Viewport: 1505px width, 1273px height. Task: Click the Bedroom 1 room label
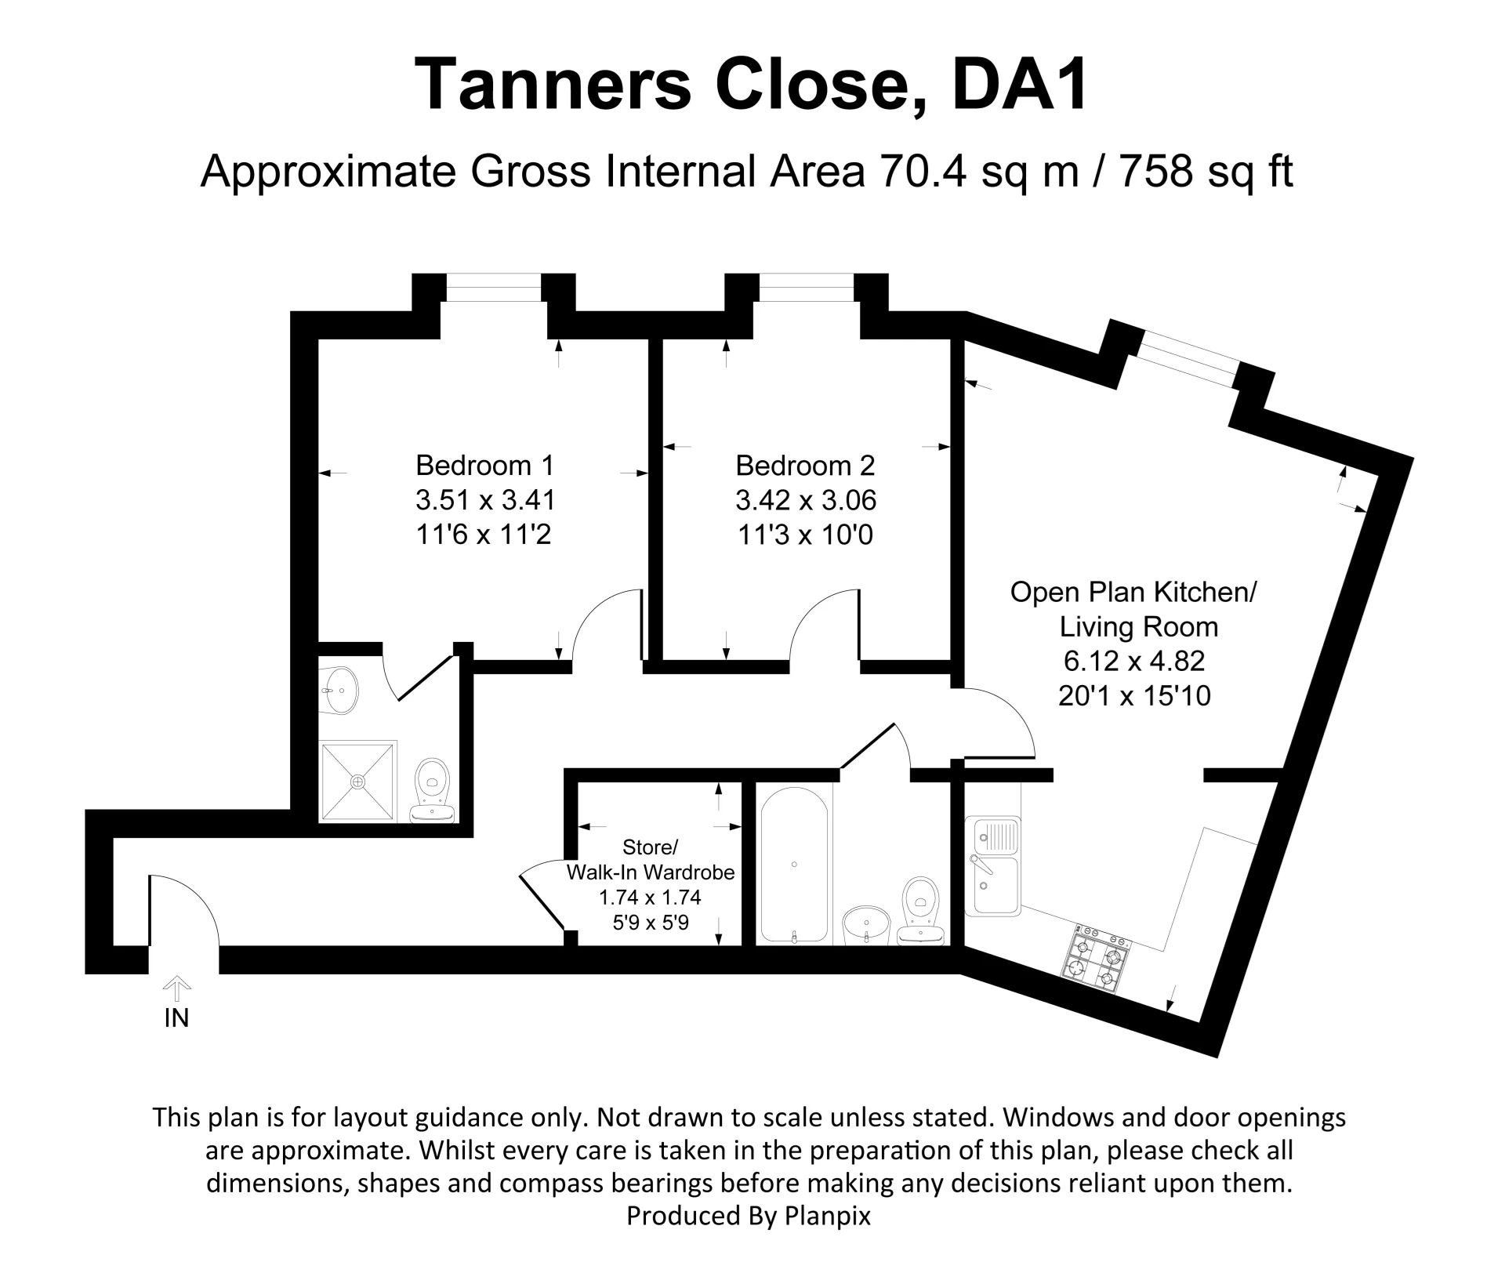pos(484,466)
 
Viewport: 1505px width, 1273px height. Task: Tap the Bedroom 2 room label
pos(805,466)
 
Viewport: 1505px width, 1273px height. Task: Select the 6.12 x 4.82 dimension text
pos(1133,661)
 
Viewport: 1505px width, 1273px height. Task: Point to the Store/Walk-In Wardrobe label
pos(651,860)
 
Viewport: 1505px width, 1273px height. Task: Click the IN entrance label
pos(176,1017)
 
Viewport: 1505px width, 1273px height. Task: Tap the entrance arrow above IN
pos(177,988)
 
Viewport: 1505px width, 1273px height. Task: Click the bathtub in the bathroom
pos(794,865)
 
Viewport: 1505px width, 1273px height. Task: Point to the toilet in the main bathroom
pos(921,909)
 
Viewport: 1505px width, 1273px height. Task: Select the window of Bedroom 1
pos(494,287)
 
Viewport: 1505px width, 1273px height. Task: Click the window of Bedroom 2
pos(806,287)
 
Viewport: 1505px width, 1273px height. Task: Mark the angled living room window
pos(1188,359)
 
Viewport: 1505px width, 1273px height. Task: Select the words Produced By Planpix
pos(749,1216)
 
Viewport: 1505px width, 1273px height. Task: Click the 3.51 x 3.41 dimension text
pos(485,500)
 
